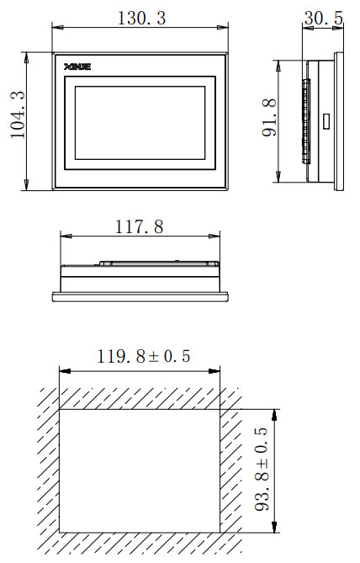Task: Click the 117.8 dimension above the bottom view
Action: pyautogui.click(x=139, y=227)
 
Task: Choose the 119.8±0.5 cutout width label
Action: pyautogui.click(x=144, y=356)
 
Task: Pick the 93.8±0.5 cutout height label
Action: pyautogui.click(x=261, y=470)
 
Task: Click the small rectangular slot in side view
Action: pyautogui.click(x=325, y=121)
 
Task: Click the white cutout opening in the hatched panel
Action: pyautogui.click(x=139, y=470)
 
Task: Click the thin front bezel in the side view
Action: pyautogui.click(x=340, y=121)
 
